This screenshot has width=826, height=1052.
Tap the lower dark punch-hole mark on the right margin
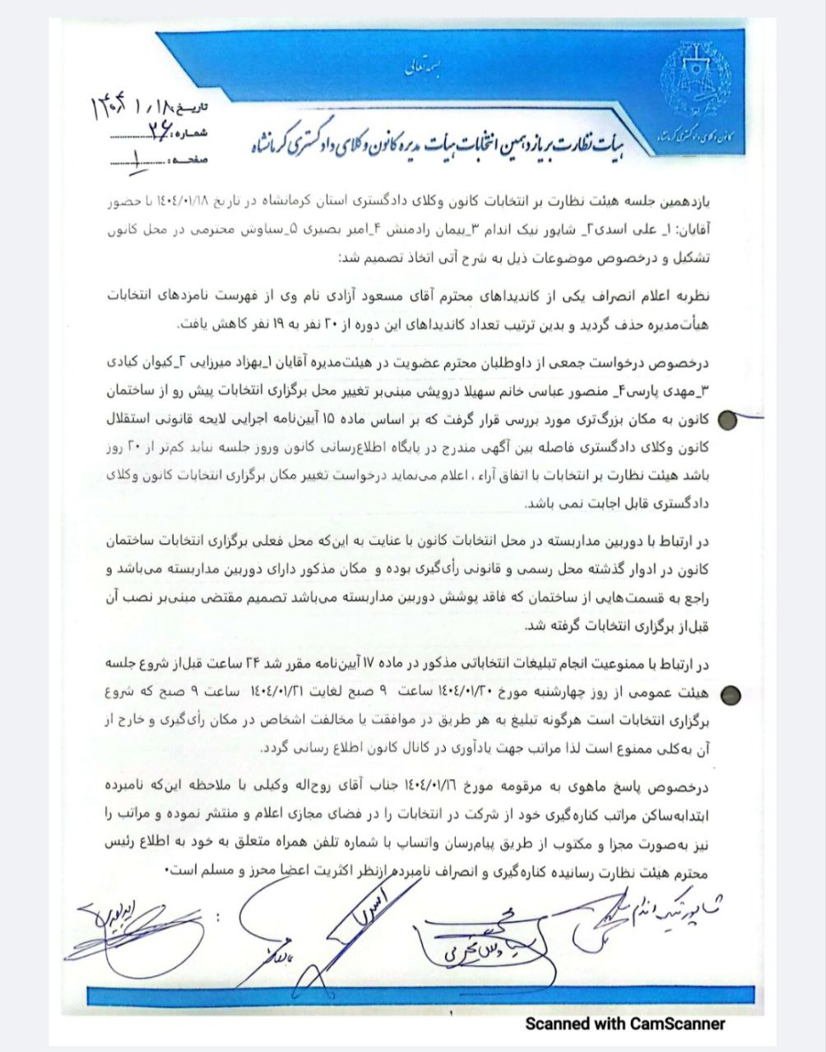point(729,694)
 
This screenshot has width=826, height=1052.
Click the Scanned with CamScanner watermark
point(625,1023)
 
